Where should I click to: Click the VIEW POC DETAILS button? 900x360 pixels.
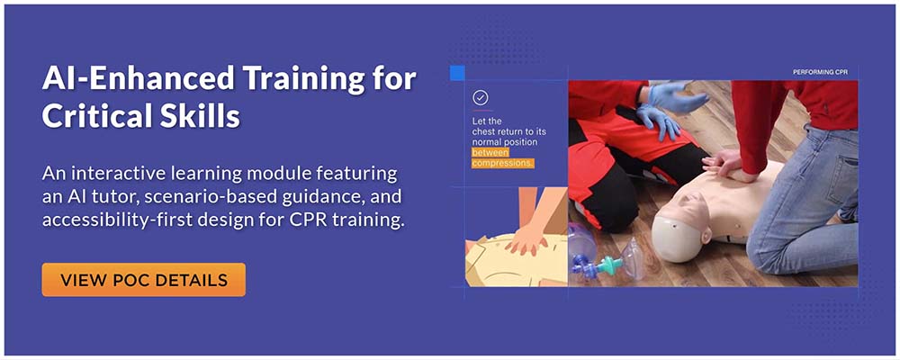click(x=143, y=280)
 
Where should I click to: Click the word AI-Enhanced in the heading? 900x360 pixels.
click(x=138, y=78)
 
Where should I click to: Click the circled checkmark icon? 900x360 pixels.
click(x=481, y=97)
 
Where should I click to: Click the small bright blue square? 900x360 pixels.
click(x=457, y=72)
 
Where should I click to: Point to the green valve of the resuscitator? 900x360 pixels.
click(x=609, y=265)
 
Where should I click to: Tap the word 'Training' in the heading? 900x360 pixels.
click(x=303, y=78)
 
